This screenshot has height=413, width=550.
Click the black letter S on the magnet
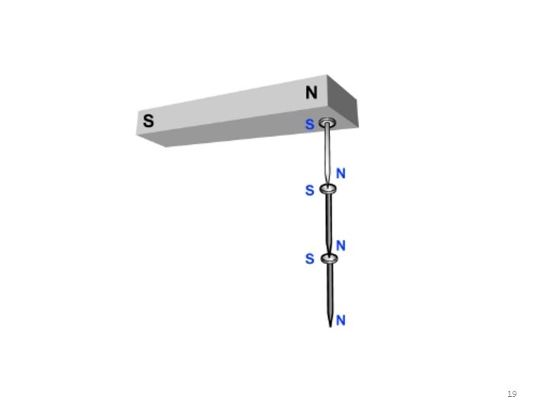click(x=148, y=121)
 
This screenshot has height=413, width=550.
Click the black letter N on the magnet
click(x=312, y=93)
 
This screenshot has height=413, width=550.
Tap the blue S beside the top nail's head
click(x=309, y=125)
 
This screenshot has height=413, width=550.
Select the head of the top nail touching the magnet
click(x=327, y=123)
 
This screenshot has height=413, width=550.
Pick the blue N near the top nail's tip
click(x=341, y=174)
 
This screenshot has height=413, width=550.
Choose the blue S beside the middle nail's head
click(x=309, y=190)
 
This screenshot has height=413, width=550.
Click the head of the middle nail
click(x=328, y=189)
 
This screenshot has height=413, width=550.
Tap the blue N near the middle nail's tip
click(x=341, y=246)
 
